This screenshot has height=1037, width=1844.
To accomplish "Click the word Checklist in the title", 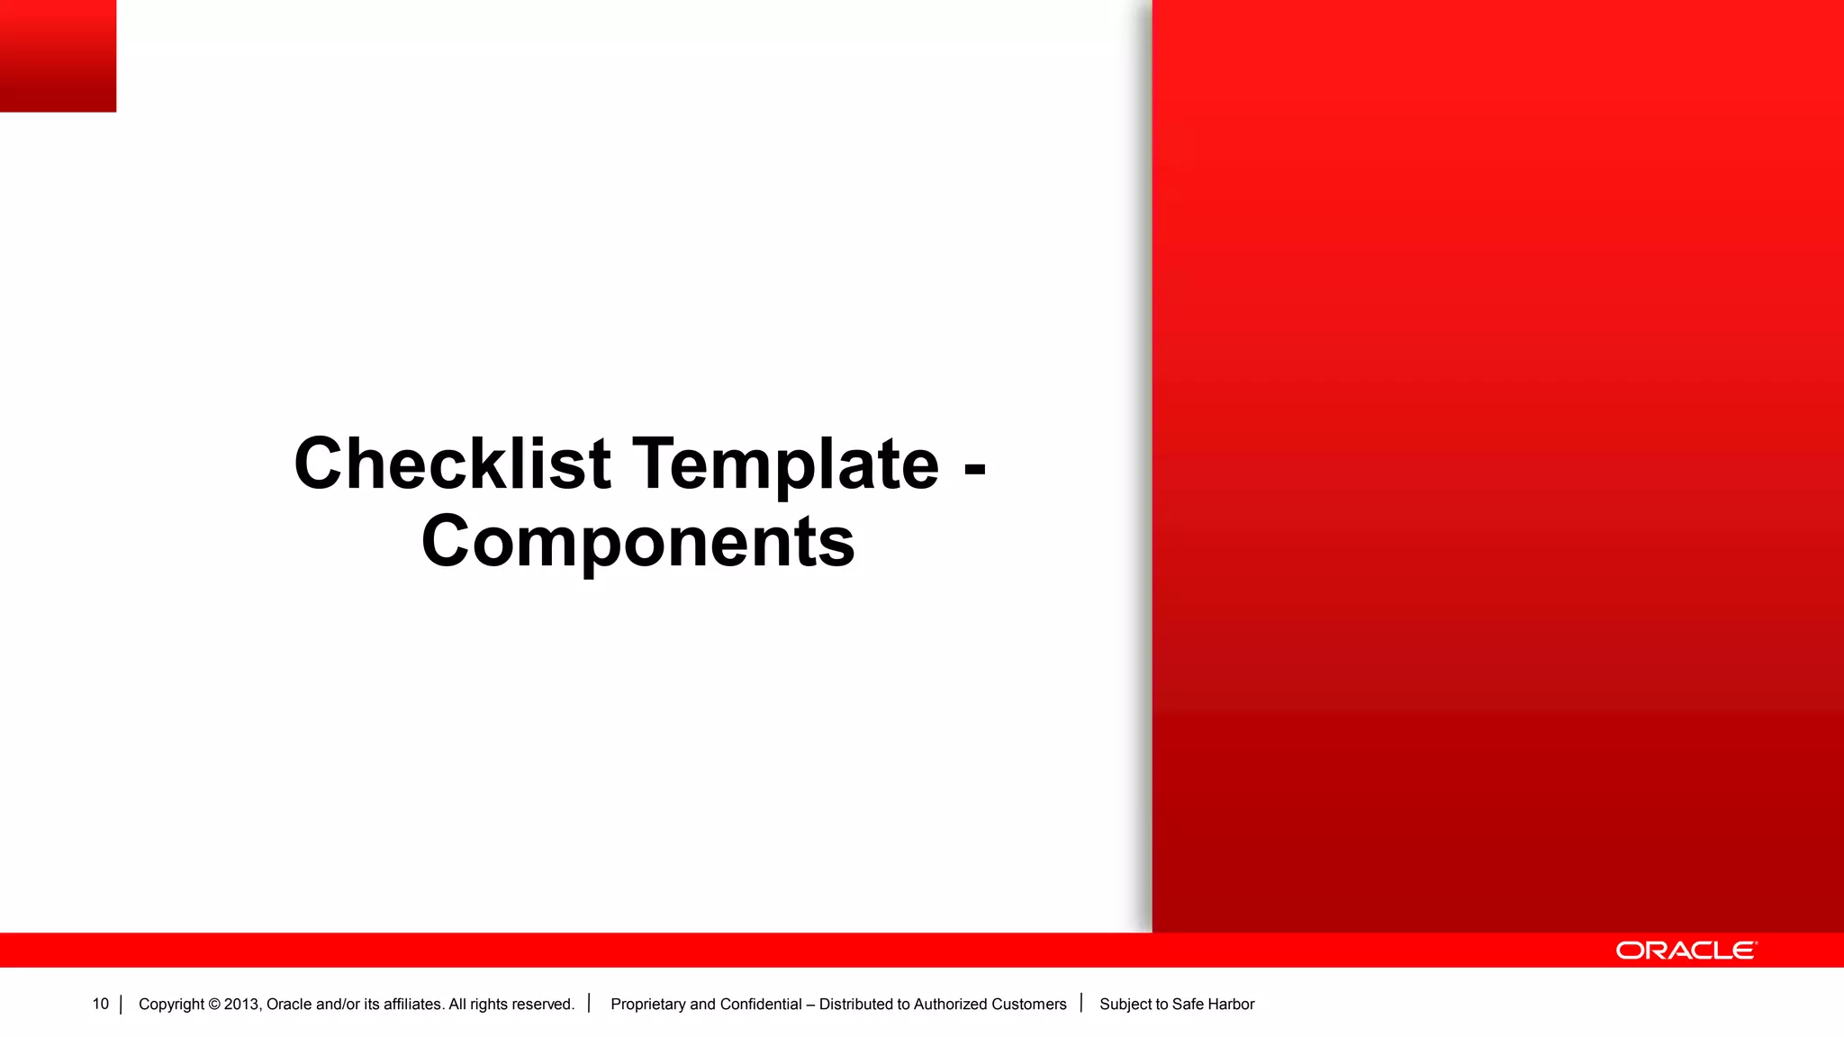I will (x=452, y=464).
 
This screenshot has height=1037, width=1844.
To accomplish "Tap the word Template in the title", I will (x=785, y=464).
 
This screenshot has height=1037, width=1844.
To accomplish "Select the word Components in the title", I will (x=637, y=542).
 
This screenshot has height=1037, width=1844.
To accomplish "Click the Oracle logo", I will (x=1686, y=951).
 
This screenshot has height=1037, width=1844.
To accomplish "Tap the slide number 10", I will (x=100, y=1004).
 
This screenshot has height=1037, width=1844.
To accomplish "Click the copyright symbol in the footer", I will (x=214, y=1005).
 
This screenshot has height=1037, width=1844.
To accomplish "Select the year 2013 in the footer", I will (x=241, y=1005).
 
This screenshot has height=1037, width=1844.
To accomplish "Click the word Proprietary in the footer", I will (x=647, y=1005).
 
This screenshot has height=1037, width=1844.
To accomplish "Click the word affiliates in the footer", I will (x=412, y=1005).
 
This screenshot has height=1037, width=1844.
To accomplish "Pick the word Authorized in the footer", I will (x=950, y=1005).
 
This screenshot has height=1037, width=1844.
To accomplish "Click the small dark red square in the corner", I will (x=58, y=56).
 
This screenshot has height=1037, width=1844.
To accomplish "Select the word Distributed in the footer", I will (x=855, y=1005).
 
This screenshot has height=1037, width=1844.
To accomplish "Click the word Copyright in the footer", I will (x=171, y=1005).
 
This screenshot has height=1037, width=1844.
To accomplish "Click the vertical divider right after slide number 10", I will (x=121, y=1005).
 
